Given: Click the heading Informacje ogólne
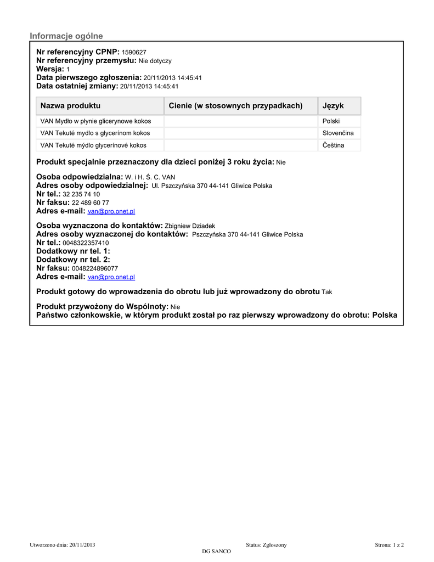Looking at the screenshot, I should [66, 36].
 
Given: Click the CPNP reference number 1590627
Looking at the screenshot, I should [134, 52].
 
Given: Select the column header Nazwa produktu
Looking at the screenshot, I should [70, 105].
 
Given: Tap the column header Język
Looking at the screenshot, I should [333, 105].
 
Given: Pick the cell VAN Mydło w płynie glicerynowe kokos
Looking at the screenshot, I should [95, 121].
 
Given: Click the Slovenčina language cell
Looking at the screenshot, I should [338, 133].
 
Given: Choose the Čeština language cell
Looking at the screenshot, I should [334, 145].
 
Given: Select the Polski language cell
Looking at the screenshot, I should [331, 121].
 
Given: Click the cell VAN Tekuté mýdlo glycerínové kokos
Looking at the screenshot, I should [94, 145].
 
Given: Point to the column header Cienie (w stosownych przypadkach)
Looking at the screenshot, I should [235, 105].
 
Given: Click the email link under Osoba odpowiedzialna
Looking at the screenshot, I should [111, 211].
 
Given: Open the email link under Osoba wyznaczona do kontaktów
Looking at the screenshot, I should [111, 277].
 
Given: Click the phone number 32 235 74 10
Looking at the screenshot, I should [81, 194].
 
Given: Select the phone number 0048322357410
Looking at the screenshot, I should [86, 243].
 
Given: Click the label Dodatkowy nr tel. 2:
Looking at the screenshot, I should [73, 259].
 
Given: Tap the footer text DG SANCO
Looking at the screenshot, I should [217, 552].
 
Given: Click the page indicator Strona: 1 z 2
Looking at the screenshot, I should [389, 544].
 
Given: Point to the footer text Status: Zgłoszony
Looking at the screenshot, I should [266, 544].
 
